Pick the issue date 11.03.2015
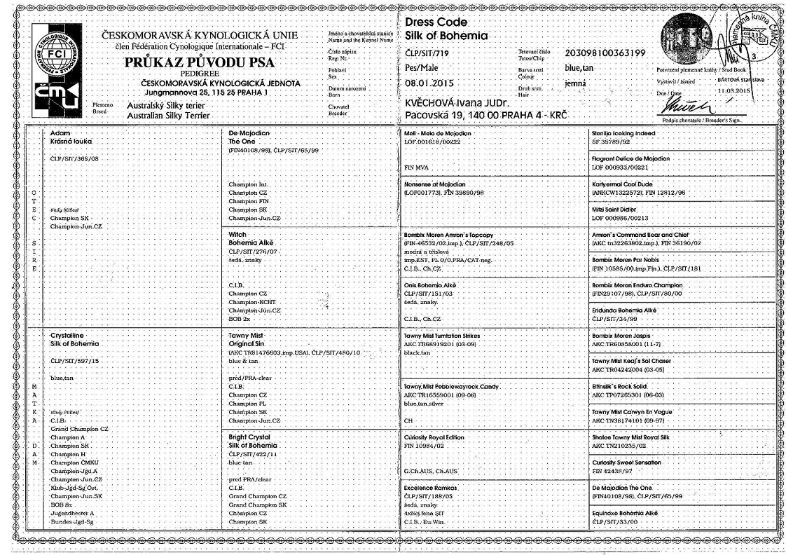pos(733,90)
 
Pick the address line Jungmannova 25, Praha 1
pos(198,92)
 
